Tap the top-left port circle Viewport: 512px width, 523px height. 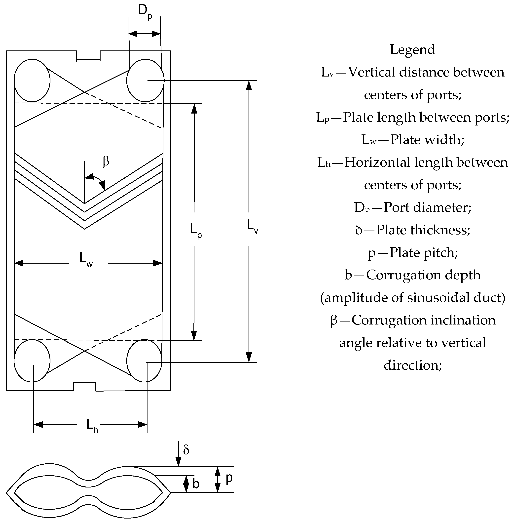point(32,80)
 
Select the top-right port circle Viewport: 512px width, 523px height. point(145,80)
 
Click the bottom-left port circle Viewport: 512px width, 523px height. point(32,361)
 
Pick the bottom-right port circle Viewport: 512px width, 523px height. point(144,361)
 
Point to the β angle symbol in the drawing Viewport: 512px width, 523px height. point(106,162)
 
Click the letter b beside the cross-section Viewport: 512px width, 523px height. point(196,484)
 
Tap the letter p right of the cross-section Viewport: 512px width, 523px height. point(229,478)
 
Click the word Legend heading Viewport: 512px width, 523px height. point(412,50)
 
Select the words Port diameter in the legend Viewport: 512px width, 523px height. point(427,207)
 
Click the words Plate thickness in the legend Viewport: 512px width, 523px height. point(423,230)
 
